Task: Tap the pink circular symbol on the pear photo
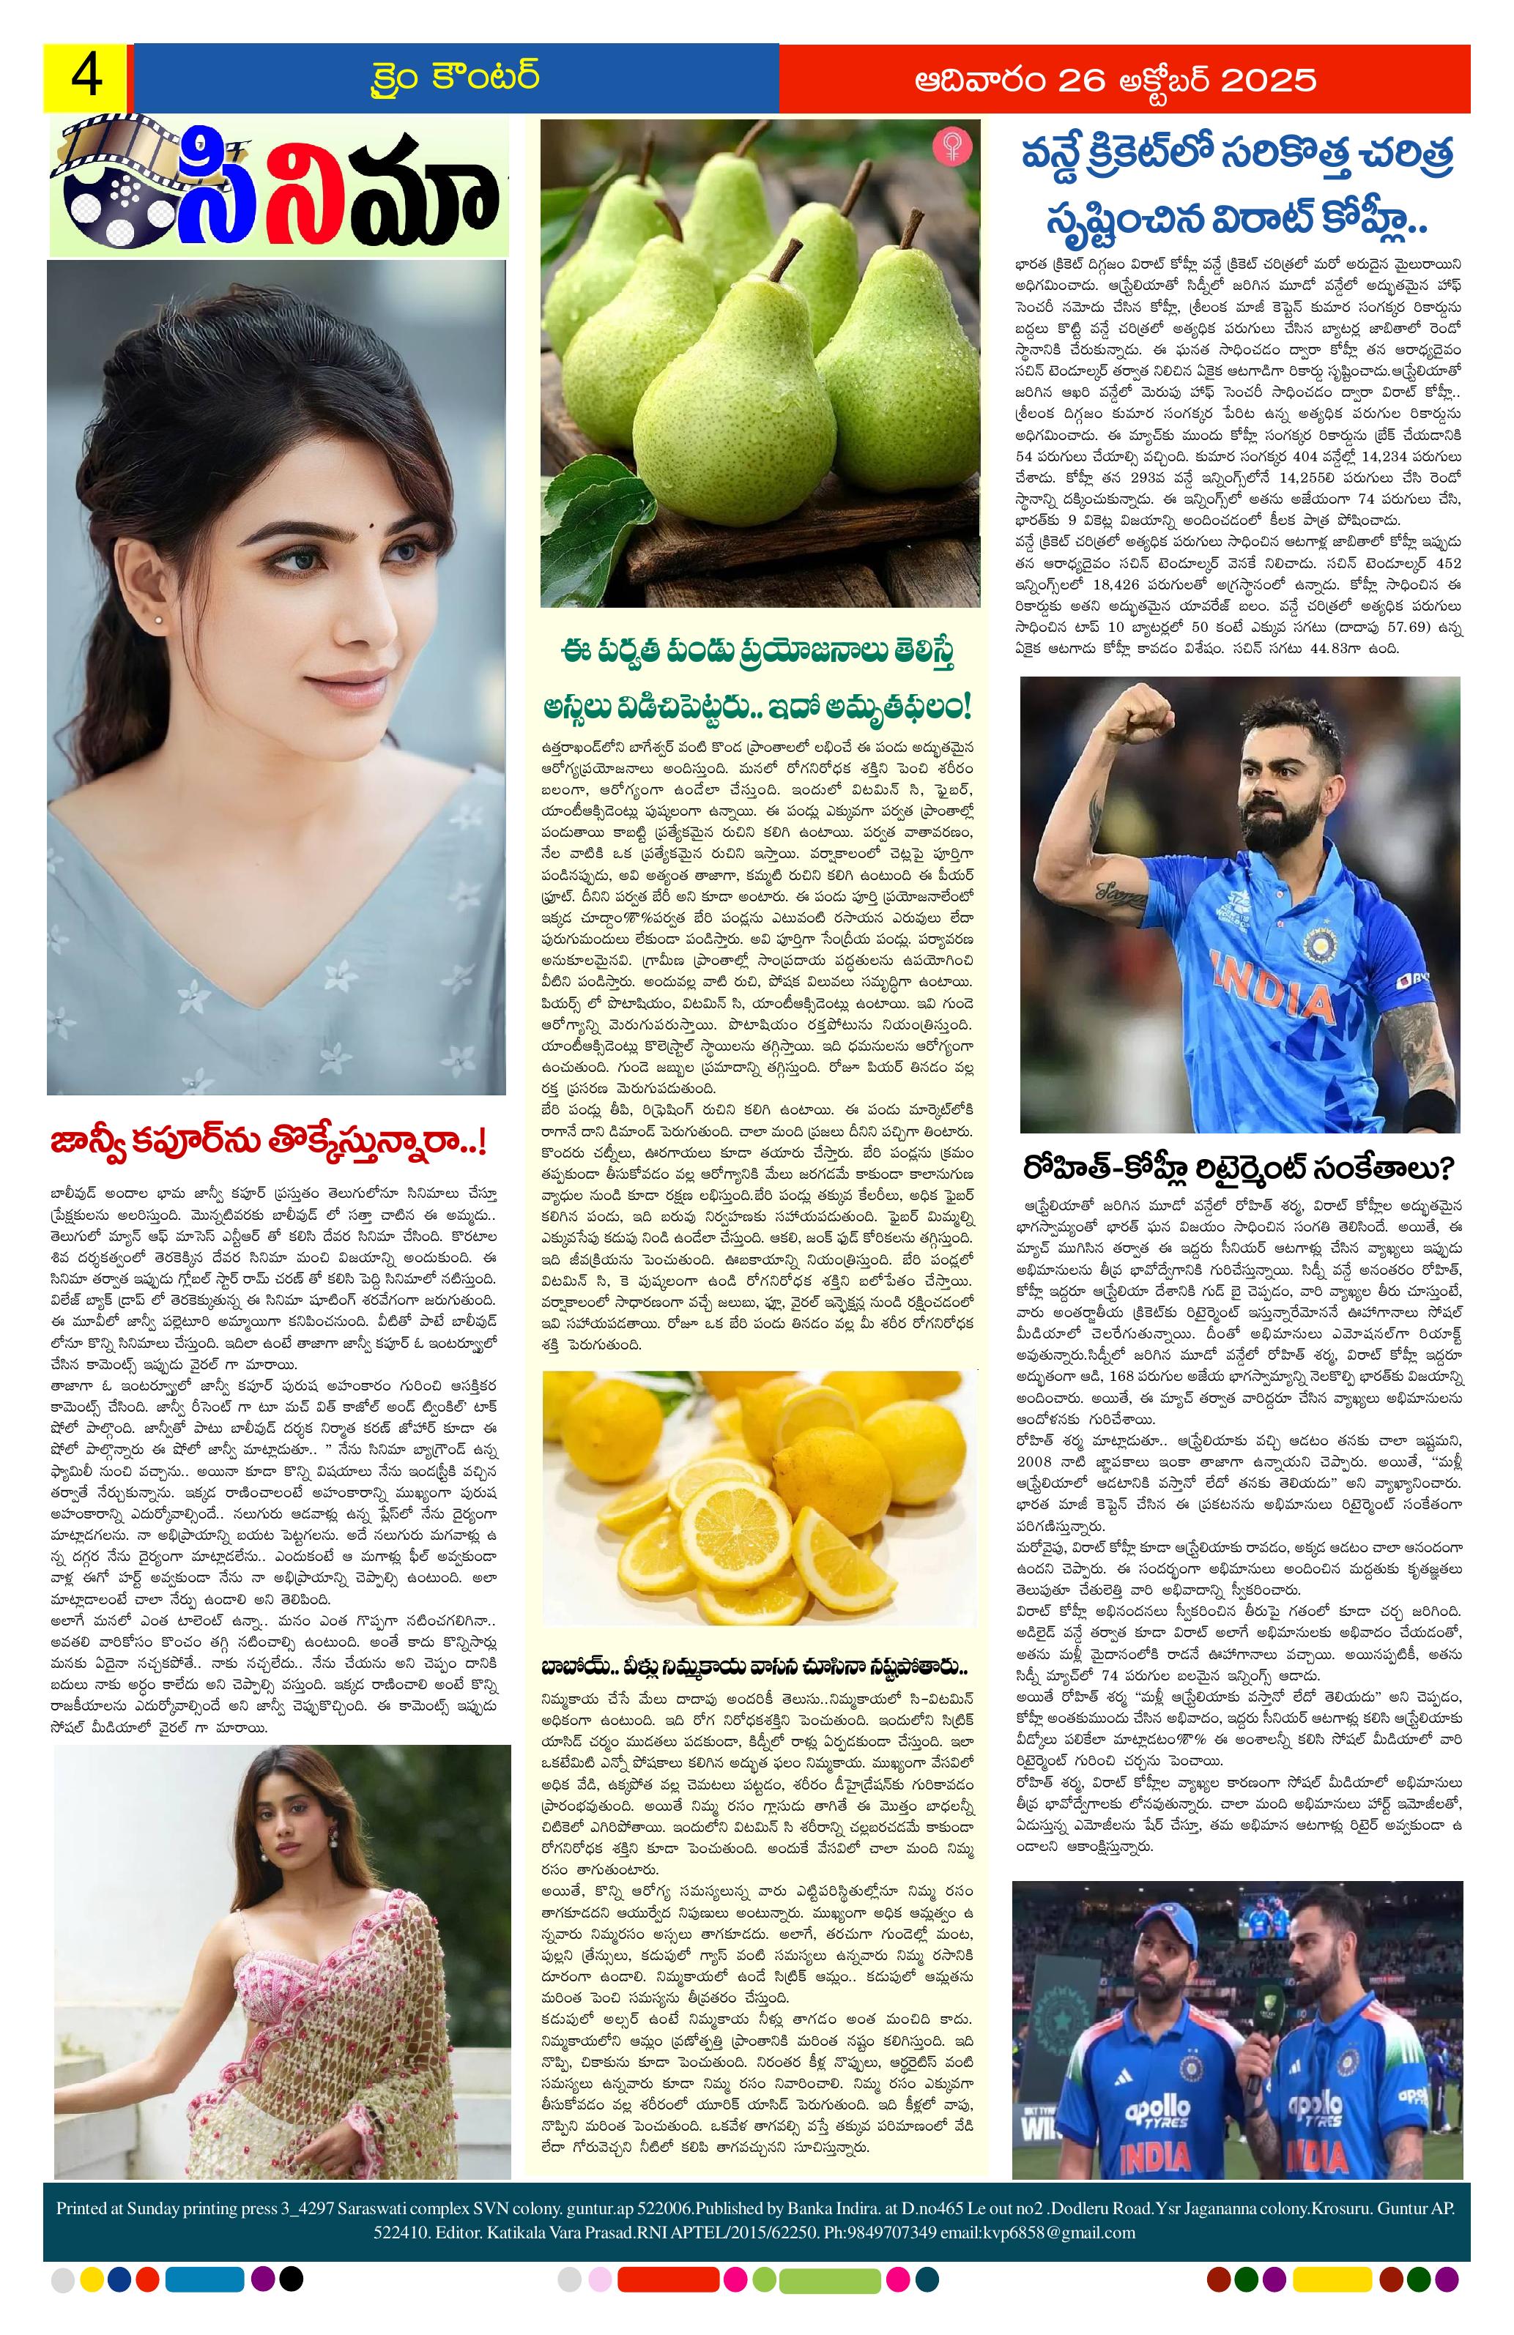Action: [x=949, y=144]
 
